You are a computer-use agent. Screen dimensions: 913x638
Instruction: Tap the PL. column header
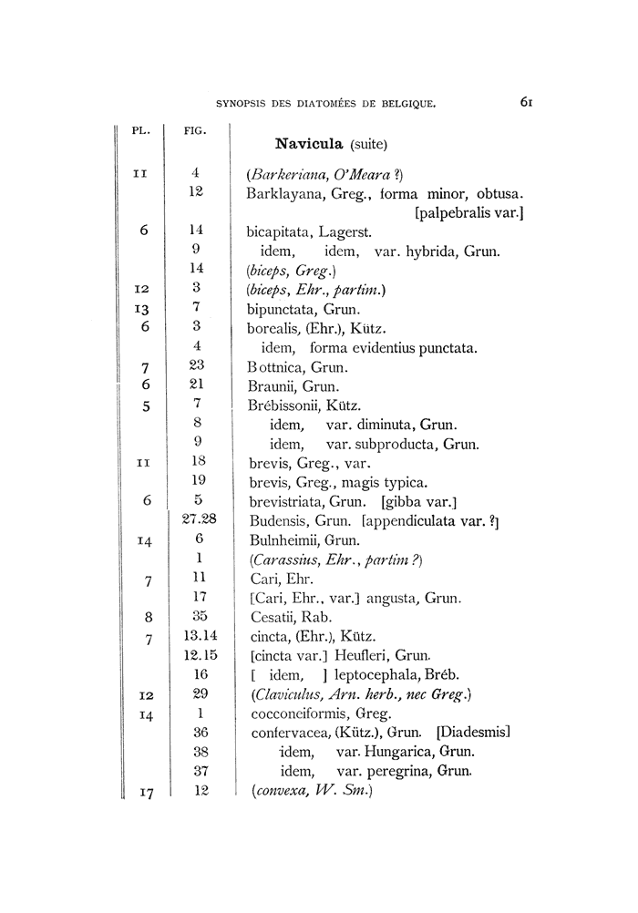click(141, 129)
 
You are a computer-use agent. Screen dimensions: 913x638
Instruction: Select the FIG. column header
click(195, 129)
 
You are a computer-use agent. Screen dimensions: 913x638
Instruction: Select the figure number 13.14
click(197, 635)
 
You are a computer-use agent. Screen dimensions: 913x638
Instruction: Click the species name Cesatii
click(273, 617)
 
